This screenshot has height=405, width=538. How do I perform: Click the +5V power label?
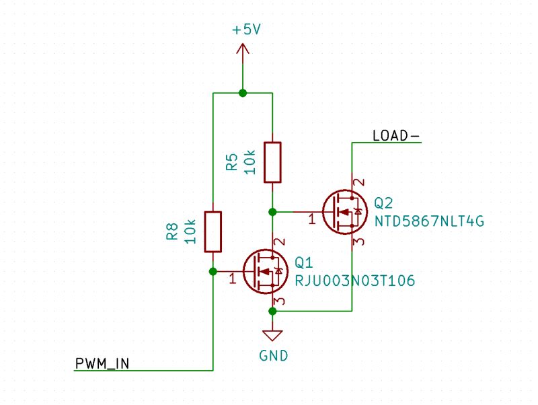coord(245,30)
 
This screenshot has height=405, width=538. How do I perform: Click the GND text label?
coord(273,355)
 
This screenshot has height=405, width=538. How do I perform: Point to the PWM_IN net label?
coord(102,364)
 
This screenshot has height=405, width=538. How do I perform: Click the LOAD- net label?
coord(395,136)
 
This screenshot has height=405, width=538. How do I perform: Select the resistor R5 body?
coord(272,162)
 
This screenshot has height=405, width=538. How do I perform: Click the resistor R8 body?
coord(213,231)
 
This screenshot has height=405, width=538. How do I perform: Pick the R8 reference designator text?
coord(171,232)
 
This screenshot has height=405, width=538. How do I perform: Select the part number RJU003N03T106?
coord(354,280)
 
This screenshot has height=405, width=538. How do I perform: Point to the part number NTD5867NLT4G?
coord(429,221)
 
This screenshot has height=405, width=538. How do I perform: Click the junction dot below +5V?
coord(243,93)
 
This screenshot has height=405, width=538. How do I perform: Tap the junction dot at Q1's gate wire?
coord(213,271)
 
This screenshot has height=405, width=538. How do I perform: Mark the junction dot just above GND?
coord(272,311)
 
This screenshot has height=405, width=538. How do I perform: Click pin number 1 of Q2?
coord(312,219)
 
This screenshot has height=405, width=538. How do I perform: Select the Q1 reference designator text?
coord(304,262)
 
